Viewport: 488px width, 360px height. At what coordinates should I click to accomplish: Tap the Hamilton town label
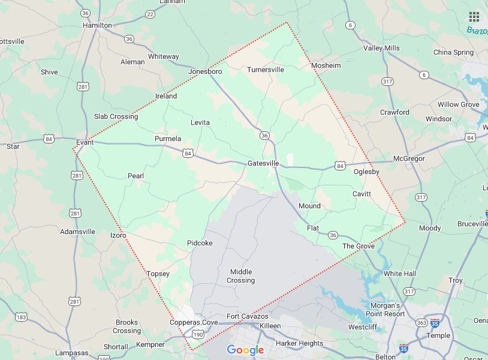pos(97,25)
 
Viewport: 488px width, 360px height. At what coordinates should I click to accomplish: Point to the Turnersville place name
pos(266,70)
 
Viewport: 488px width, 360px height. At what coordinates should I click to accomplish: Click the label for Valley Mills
pos(381,48)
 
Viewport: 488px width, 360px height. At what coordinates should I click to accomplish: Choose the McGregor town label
pos(409,158)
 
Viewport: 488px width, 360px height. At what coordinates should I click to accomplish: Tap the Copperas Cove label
pos(194,322)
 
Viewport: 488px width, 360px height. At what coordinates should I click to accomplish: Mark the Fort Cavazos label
pos(245,316)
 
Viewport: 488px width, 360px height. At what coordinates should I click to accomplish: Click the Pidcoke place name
pos(200,243)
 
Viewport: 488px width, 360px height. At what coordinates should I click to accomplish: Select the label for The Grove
pos(359,246)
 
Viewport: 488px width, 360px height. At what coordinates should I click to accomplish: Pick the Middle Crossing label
pos(241,276)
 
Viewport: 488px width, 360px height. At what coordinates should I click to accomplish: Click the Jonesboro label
pos(205,71)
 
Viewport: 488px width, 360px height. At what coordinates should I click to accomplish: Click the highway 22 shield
pos(150,14)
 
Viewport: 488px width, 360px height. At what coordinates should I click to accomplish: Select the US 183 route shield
pos(21,316)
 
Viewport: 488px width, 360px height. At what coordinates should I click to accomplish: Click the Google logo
pos(245,350)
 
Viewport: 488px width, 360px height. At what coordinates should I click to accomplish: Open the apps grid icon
pos(473,16)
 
